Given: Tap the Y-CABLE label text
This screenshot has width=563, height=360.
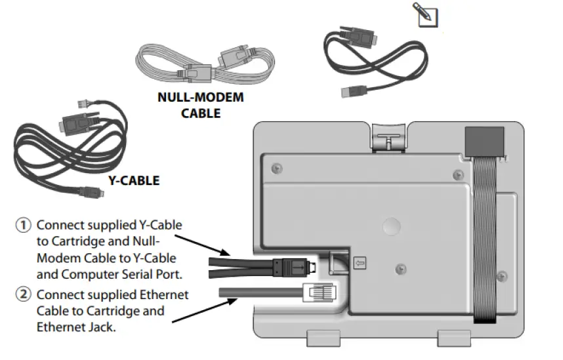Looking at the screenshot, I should pos(133,180).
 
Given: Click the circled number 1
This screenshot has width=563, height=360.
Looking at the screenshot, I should pos(24,225).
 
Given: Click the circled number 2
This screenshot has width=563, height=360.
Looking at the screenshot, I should pos(24,294).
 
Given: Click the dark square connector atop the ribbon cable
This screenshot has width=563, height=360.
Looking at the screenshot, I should pos(484,140).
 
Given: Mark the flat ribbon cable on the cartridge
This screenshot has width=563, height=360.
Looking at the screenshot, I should pos(485,243).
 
